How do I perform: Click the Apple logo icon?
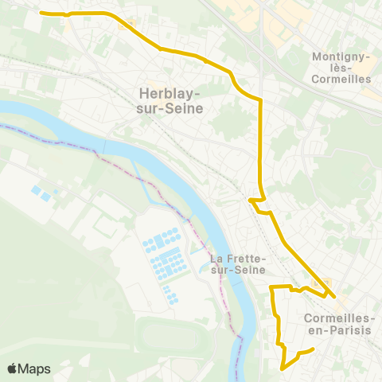click(x=12, y=368)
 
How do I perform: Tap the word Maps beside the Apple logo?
click(x=34, y=368)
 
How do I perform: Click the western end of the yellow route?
click(x=41, y=13)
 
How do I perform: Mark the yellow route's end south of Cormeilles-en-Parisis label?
click(x=314, y=349)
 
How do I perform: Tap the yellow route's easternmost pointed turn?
click(x=334, y=297)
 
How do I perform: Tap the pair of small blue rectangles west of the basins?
click(x=40, y=193)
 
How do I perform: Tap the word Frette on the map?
click(x=240, y=259)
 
